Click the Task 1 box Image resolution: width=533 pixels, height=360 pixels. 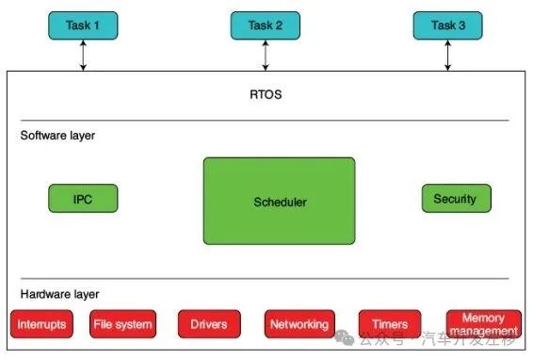click(83, 26)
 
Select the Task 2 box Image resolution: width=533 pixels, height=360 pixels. click(265, 26)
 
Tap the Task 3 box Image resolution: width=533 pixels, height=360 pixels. click(447, 26)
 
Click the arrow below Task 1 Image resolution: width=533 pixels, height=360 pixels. click(83, 56)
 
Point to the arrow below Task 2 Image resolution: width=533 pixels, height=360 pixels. click(265, 56)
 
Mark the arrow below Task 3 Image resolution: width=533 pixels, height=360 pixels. click(447, 56)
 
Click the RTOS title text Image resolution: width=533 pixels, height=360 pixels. click(266, 94)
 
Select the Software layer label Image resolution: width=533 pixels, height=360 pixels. click(57, 136)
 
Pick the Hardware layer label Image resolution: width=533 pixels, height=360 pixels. click(59, 294)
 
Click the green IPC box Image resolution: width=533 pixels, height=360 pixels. click(83, 199)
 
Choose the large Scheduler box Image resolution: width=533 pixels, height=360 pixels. click(280, 201)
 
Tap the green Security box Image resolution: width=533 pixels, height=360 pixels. click(455, 199)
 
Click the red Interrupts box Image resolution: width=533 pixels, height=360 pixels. click(42, 324)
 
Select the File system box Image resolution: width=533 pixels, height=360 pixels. click(122, 324)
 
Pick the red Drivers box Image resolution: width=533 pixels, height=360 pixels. click(209, 324)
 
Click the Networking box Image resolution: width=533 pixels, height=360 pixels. click(299, 324)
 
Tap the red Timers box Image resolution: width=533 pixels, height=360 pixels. click(389, 324)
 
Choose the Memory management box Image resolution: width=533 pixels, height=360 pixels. click(483, 324)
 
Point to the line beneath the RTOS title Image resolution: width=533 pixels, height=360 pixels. click(266, 121)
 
